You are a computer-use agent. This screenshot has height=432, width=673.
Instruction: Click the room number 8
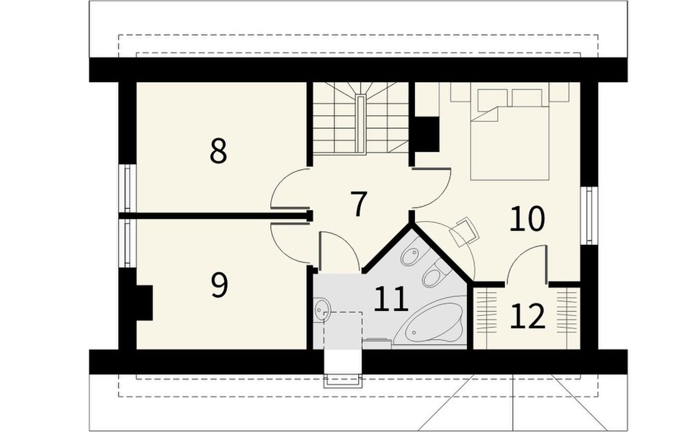(218, 151)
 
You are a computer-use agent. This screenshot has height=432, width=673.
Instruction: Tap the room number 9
(219, 285)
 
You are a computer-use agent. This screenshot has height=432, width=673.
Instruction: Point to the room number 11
(391, 299)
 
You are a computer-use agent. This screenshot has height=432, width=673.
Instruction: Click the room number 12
(527, 316)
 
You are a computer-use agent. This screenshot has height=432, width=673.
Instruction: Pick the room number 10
(527, 219)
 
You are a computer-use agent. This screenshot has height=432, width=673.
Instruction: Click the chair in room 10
(463, 230)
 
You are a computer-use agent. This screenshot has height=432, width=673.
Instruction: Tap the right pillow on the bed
(527, 97)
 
